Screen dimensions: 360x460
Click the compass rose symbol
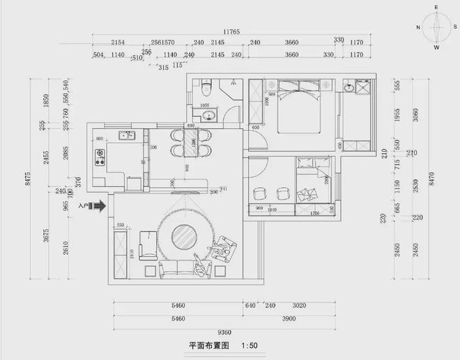(x=436, y=29)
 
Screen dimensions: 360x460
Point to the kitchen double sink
(x=126, y=134)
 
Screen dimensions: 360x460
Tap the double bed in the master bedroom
(x=300, y=107)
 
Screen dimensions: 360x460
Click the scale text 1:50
(x=249, y=345)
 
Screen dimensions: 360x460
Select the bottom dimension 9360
(x=224, y=331)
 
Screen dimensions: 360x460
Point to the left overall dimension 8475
(x=27, y=179)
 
